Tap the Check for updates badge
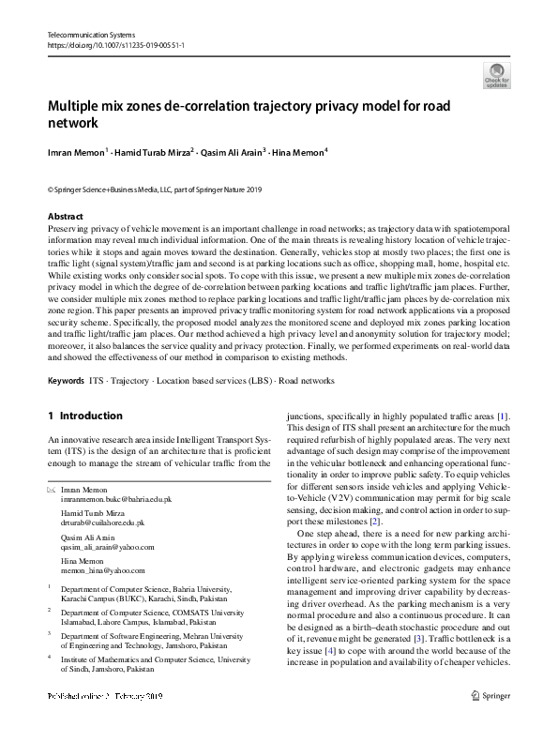click(x=497, y=75)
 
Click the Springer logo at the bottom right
click(x=490, y=722)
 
